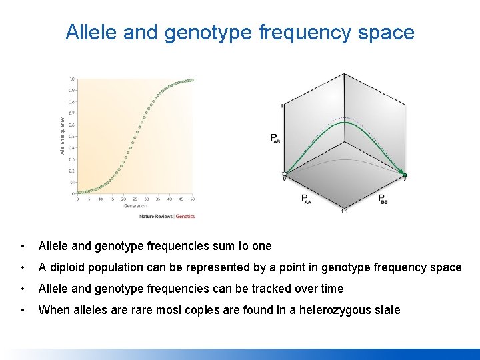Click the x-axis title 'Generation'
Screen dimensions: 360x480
(x=135, y=206)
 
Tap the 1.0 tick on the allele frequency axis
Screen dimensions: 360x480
(x=72, y=79)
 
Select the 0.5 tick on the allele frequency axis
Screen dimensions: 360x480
(x=72, y=136)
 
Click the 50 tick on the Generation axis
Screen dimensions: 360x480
(x=192, y=199)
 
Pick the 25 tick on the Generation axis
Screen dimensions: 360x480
(x=135, y=199)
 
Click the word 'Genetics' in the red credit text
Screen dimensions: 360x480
(x=185, y=216)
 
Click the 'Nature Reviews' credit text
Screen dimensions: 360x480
(x=155, y=216)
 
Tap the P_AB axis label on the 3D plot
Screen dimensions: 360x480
(x=275, y=139)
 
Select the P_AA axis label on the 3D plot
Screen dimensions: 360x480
(x=305, y=198)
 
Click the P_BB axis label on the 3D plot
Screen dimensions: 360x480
(x=383, y=198)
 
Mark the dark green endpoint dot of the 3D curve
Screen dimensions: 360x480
(x=404, y=175)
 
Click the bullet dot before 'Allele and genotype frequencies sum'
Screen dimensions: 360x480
(x=24, y=246)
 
